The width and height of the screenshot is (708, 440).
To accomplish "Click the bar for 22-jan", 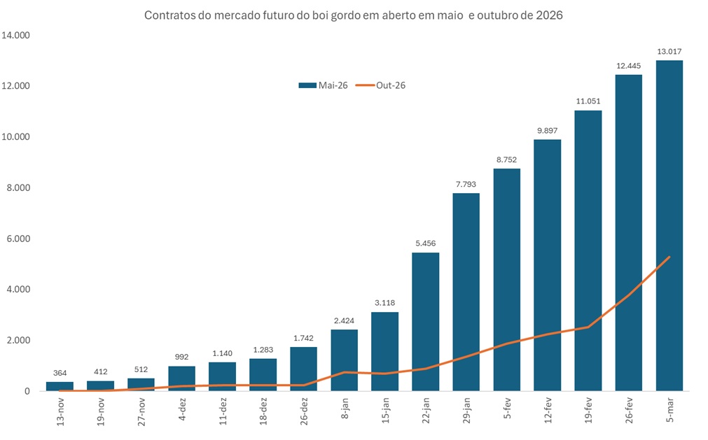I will [x=425, y=322].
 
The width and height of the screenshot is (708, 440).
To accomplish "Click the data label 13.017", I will [x=669, y=51].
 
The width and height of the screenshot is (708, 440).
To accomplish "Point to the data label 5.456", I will [x=425, y=243].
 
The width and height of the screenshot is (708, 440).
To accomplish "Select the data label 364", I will [x=60, y=373].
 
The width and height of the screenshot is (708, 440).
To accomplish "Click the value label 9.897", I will [x=547, y=131].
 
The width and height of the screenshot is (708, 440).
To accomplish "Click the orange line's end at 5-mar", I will [x=670, y=257].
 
